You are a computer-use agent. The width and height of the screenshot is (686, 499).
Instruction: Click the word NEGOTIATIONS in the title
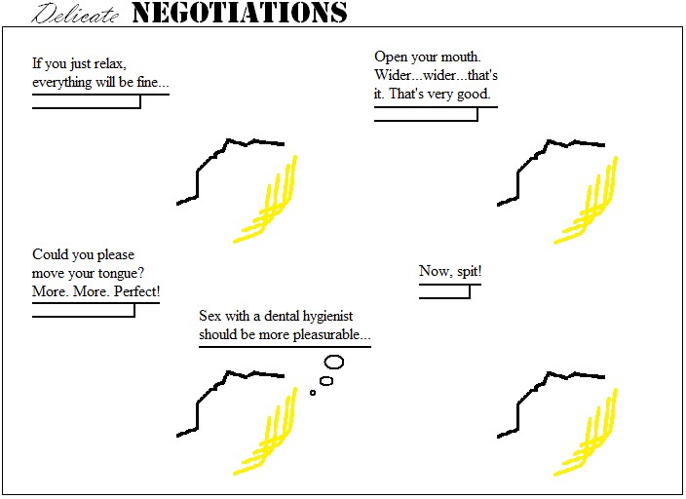click(x=239, y=13)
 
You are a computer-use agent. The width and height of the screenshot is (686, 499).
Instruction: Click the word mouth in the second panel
click(x=460, y=58)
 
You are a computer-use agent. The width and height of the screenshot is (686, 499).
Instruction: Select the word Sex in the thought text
click(x=210, y=316)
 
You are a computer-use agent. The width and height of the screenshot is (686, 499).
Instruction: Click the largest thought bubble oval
click(x=334, y=362)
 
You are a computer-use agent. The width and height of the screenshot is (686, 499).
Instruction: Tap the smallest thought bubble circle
click(x=313, y=393)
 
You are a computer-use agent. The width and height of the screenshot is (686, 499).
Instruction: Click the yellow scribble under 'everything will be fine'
click(x=268, y=203)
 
